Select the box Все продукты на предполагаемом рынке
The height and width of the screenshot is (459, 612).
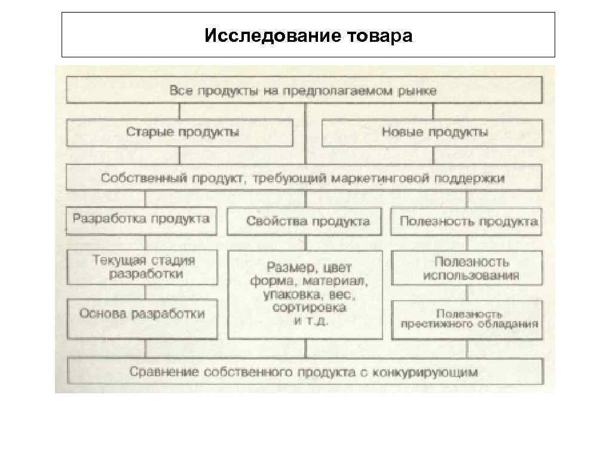(304, 91)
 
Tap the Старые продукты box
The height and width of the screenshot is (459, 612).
(179, 132)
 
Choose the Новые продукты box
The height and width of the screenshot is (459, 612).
(432, 132)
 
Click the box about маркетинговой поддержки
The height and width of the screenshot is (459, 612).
(304, 178)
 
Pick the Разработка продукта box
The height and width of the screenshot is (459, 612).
(141, 219)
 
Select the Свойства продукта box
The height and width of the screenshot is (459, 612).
(308, 222)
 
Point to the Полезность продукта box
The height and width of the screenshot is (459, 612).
(468, 222)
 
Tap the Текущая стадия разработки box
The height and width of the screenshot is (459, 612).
(143, 267)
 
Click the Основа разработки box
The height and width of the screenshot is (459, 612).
(143, 314)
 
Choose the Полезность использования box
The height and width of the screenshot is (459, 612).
(468, 268)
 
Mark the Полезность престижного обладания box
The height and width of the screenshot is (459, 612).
(468, 319)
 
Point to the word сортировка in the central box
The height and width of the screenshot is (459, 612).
(308, 308)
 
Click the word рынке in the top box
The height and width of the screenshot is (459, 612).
(420, 91)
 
